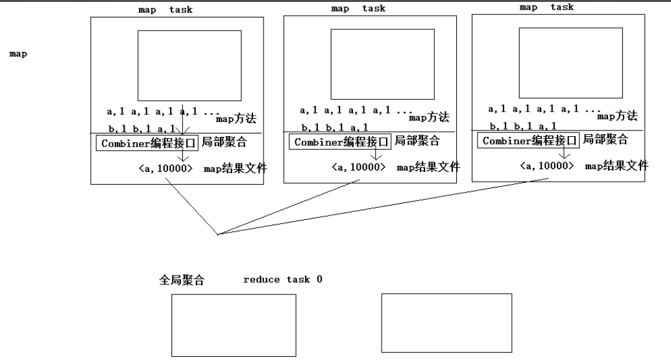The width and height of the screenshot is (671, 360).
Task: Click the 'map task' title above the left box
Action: [x=165, y=10]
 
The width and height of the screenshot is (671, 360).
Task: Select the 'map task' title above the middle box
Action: [x=358, y=8]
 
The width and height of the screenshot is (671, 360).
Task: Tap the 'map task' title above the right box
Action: [x=546, y=7]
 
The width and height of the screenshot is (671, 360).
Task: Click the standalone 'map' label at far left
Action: [x=18, y=54]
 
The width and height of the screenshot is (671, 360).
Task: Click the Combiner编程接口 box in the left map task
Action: [x=149, y=143]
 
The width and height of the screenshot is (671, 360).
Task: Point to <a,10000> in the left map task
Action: [x=165, y=169]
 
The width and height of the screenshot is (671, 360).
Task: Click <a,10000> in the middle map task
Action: [x=358, y=167]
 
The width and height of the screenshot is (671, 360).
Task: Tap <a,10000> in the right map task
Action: [x=547, y=165]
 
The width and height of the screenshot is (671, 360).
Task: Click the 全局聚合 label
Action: [x=182, y=280]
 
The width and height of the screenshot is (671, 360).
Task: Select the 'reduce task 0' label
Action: [x=282, y=280]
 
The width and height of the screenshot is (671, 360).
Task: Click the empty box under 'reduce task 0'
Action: [x=233, y=325]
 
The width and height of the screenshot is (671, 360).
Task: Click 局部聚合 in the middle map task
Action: [x=417, y=141]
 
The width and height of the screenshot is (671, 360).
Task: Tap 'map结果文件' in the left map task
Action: [x=235, y=169]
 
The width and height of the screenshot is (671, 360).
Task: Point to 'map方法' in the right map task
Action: [x=617, y=116]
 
